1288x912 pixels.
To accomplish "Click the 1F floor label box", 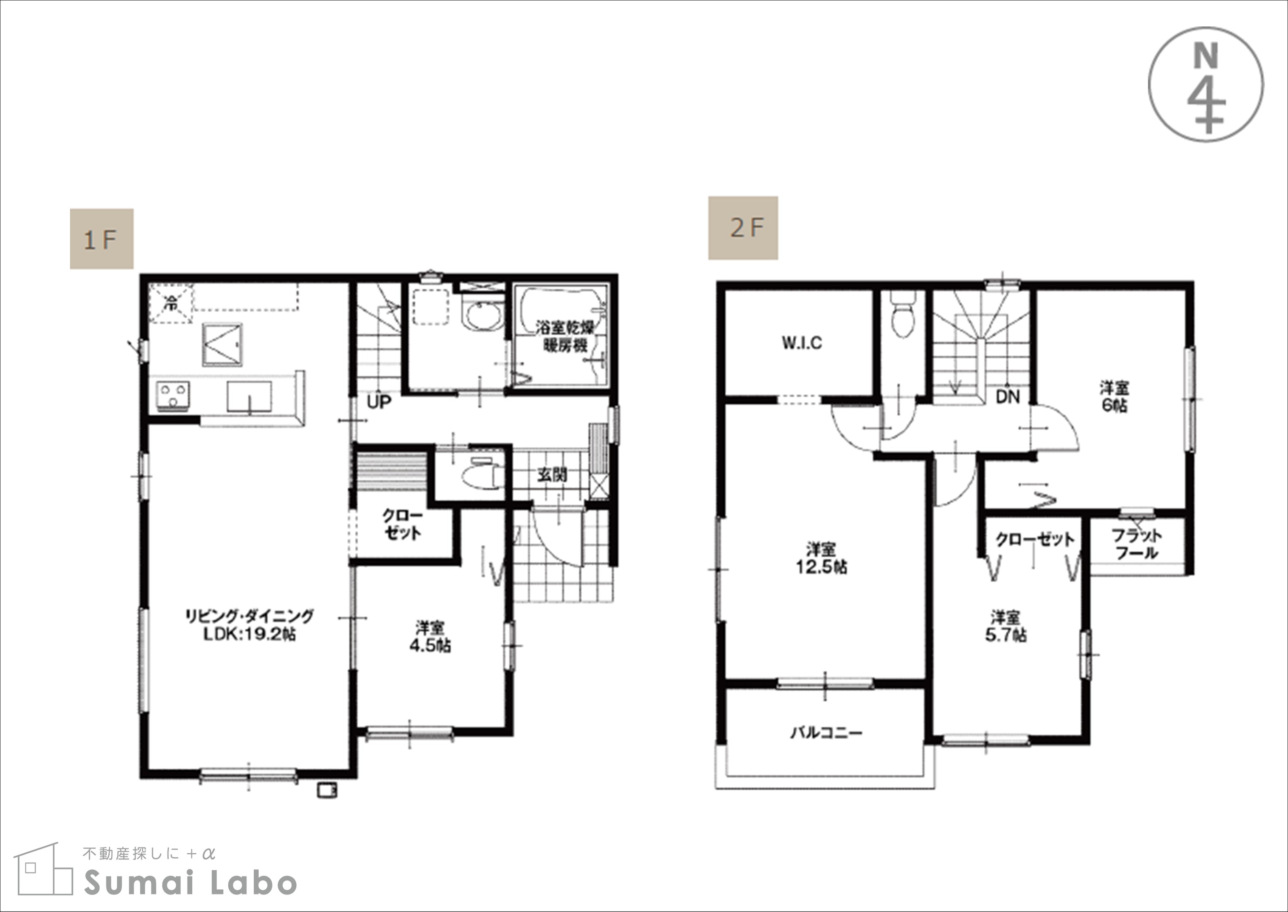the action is click(x=102, y=239).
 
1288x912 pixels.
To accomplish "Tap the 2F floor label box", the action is click(x=743, y=228).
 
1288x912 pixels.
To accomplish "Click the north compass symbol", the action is click(x=1206, y=84).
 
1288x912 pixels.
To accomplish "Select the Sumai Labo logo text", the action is click(x=190, y=883).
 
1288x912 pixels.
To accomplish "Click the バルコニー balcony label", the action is click(x=826, y=733).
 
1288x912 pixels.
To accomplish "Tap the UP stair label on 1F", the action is click(x=379, y=402).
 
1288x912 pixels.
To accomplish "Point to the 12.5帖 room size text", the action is click(x=821, y=567).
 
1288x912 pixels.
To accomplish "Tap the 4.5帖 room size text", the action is click(x=430, y=646).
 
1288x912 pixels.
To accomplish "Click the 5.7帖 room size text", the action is click(x=1006, y=635).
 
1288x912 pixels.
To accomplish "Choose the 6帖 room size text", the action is click(x=1114, y=406).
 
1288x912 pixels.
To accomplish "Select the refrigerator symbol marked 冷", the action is click(x=171, y=304).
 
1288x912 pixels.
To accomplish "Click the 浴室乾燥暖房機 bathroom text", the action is click(x=565, y=336).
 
